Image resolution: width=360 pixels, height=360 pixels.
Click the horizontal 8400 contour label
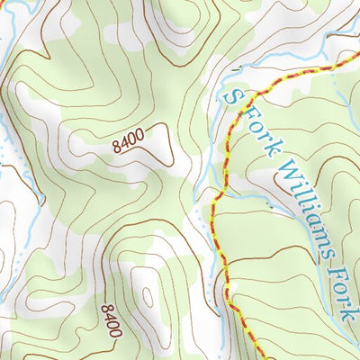[x=130, y=141]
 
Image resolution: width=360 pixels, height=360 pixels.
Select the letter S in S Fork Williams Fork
[x=236, y=96]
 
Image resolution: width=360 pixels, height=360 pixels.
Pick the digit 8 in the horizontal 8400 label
[x=117, y=147]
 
